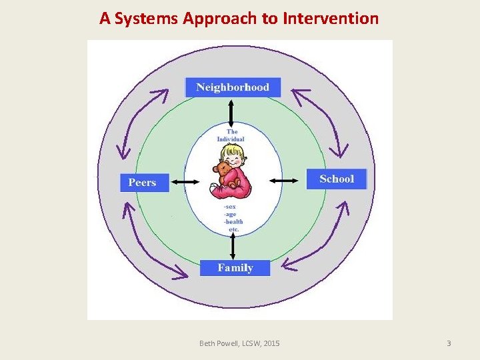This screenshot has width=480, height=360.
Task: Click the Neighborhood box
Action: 233,87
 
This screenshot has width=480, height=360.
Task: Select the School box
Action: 337,179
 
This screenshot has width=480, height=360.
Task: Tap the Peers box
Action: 143,183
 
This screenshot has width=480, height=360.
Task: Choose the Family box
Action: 235,268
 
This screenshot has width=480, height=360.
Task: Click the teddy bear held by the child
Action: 225,175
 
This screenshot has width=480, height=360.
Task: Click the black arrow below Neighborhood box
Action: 231,112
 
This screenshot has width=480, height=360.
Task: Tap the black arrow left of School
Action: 285,180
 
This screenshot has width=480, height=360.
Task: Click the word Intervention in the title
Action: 331,18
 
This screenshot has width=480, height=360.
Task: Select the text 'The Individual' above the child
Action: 231,135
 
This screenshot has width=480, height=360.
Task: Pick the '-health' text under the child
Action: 233,221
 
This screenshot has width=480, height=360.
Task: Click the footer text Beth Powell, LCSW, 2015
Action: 240,343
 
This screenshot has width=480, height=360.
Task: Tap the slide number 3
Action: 449,343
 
